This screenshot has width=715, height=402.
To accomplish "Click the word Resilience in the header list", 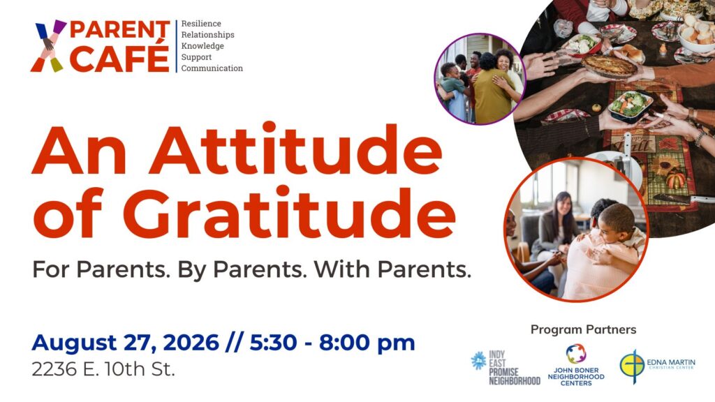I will click(201, 23).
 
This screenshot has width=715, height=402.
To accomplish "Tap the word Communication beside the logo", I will click(212, 68).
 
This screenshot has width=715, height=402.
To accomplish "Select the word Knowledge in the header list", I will click(202, 45).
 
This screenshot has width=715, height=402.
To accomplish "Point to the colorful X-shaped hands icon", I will click(48, 45).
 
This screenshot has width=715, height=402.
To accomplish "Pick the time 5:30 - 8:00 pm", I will click(332, 343).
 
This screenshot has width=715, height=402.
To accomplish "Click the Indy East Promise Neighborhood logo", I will click(506, 368).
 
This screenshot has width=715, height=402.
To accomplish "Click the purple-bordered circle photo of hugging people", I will click(480, 79).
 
